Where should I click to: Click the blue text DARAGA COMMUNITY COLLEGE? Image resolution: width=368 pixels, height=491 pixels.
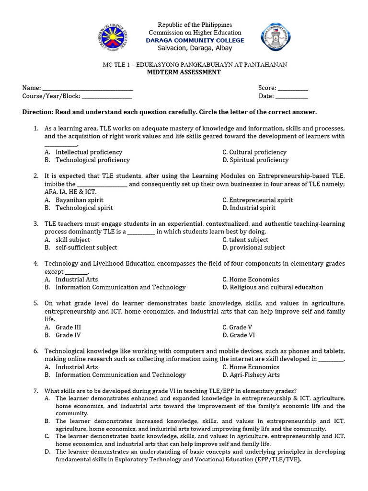coord(195,40)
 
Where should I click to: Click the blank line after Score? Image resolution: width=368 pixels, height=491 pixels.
coord(293,88)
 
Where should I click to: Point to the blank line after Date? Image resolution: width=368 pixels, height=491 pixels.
coord(292,96)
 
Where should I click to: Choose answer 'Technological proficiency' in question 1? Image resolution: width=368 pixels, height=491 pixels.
coord(92,160)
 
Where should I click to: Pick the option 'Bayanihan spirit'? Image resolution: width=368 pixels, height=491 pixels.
coord(79,200)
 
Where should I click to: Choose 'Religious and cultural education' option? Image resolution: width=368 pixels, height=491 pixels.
coord(276,287)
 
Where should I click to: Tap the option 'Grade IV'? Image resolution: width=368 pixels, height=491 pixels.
coord(68,335)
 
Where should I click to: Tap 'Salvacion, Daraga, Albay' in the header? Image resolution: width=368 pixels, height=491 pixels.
coord(190,48)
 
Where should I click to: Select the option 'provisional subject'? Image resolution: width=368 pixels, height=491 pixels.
coord(257,248)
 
